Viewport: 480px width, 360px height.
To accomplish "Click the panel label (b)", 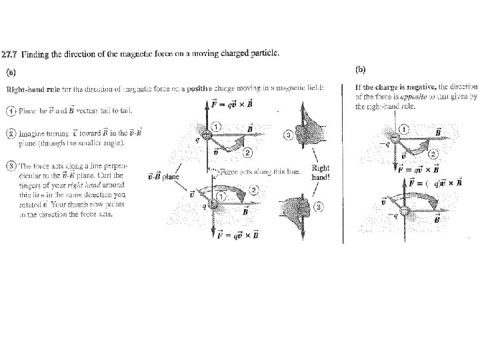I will pyautogui.click(x=361, y=69).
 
